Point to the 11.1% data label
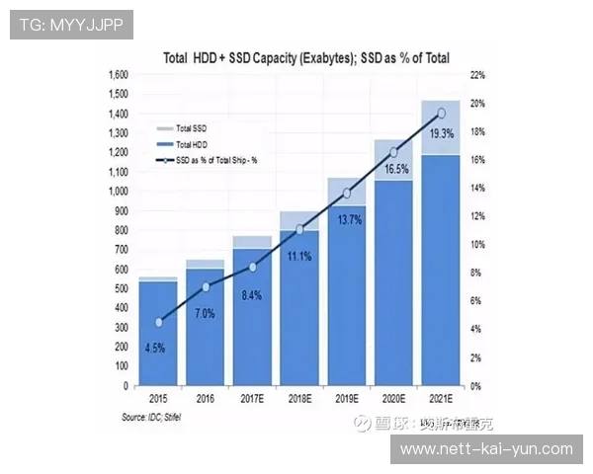[x=297, y=256]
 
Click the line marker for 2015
[x=158, y=322]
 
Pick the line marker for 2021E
[x=441, y=114]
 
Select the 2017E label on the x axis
[x=252, y=399]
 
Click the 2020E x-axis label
[x=393, y=399]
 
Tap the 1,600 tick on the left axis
[x=117, y=75]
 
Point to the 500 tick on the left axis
[x=121, y=288]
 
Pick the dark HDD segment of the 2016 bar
[x=205, y=326]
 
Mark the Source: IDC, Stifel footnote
[x=158, y=418]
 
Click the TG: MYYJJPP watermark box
[x=71, y=25]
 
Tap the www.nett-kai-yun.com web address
[x=485, y=449]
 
